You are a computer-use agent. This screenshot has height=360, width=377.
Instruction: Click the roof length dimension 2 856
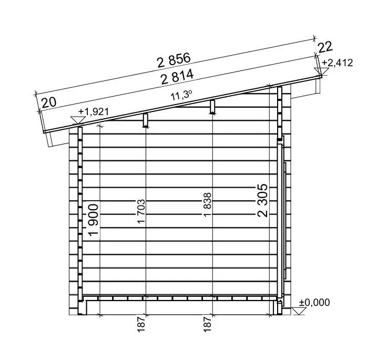[x=174, y=60]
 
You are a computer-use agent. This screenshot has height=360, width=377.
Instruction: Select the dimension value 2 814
[x=177, y=76]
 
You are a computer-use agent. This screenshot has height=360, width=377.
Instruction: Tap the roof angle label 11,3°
[x=181, y=96]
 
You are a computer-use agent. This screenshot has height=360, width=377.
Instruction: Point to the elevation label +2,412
[x=338, y=63]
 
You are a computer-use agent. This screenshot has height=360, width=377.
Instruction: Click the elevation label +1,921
[x=93, y=111]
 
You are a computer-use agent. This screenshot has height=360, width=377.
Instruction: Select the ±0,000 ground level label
[x=314, y=303]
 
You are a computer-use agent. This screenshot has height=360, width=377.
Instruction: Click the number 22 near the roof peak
[x=325, y=47]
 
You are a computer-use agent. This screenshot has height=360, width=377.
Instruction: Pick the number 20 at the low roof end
[x=49, y=102]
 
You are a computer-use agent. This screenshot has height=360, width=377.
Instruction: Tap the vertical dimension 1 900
[x=94, y=220]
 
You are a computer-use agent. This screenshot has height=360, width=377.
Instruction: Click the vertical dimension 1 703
[x=141, y=211]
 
